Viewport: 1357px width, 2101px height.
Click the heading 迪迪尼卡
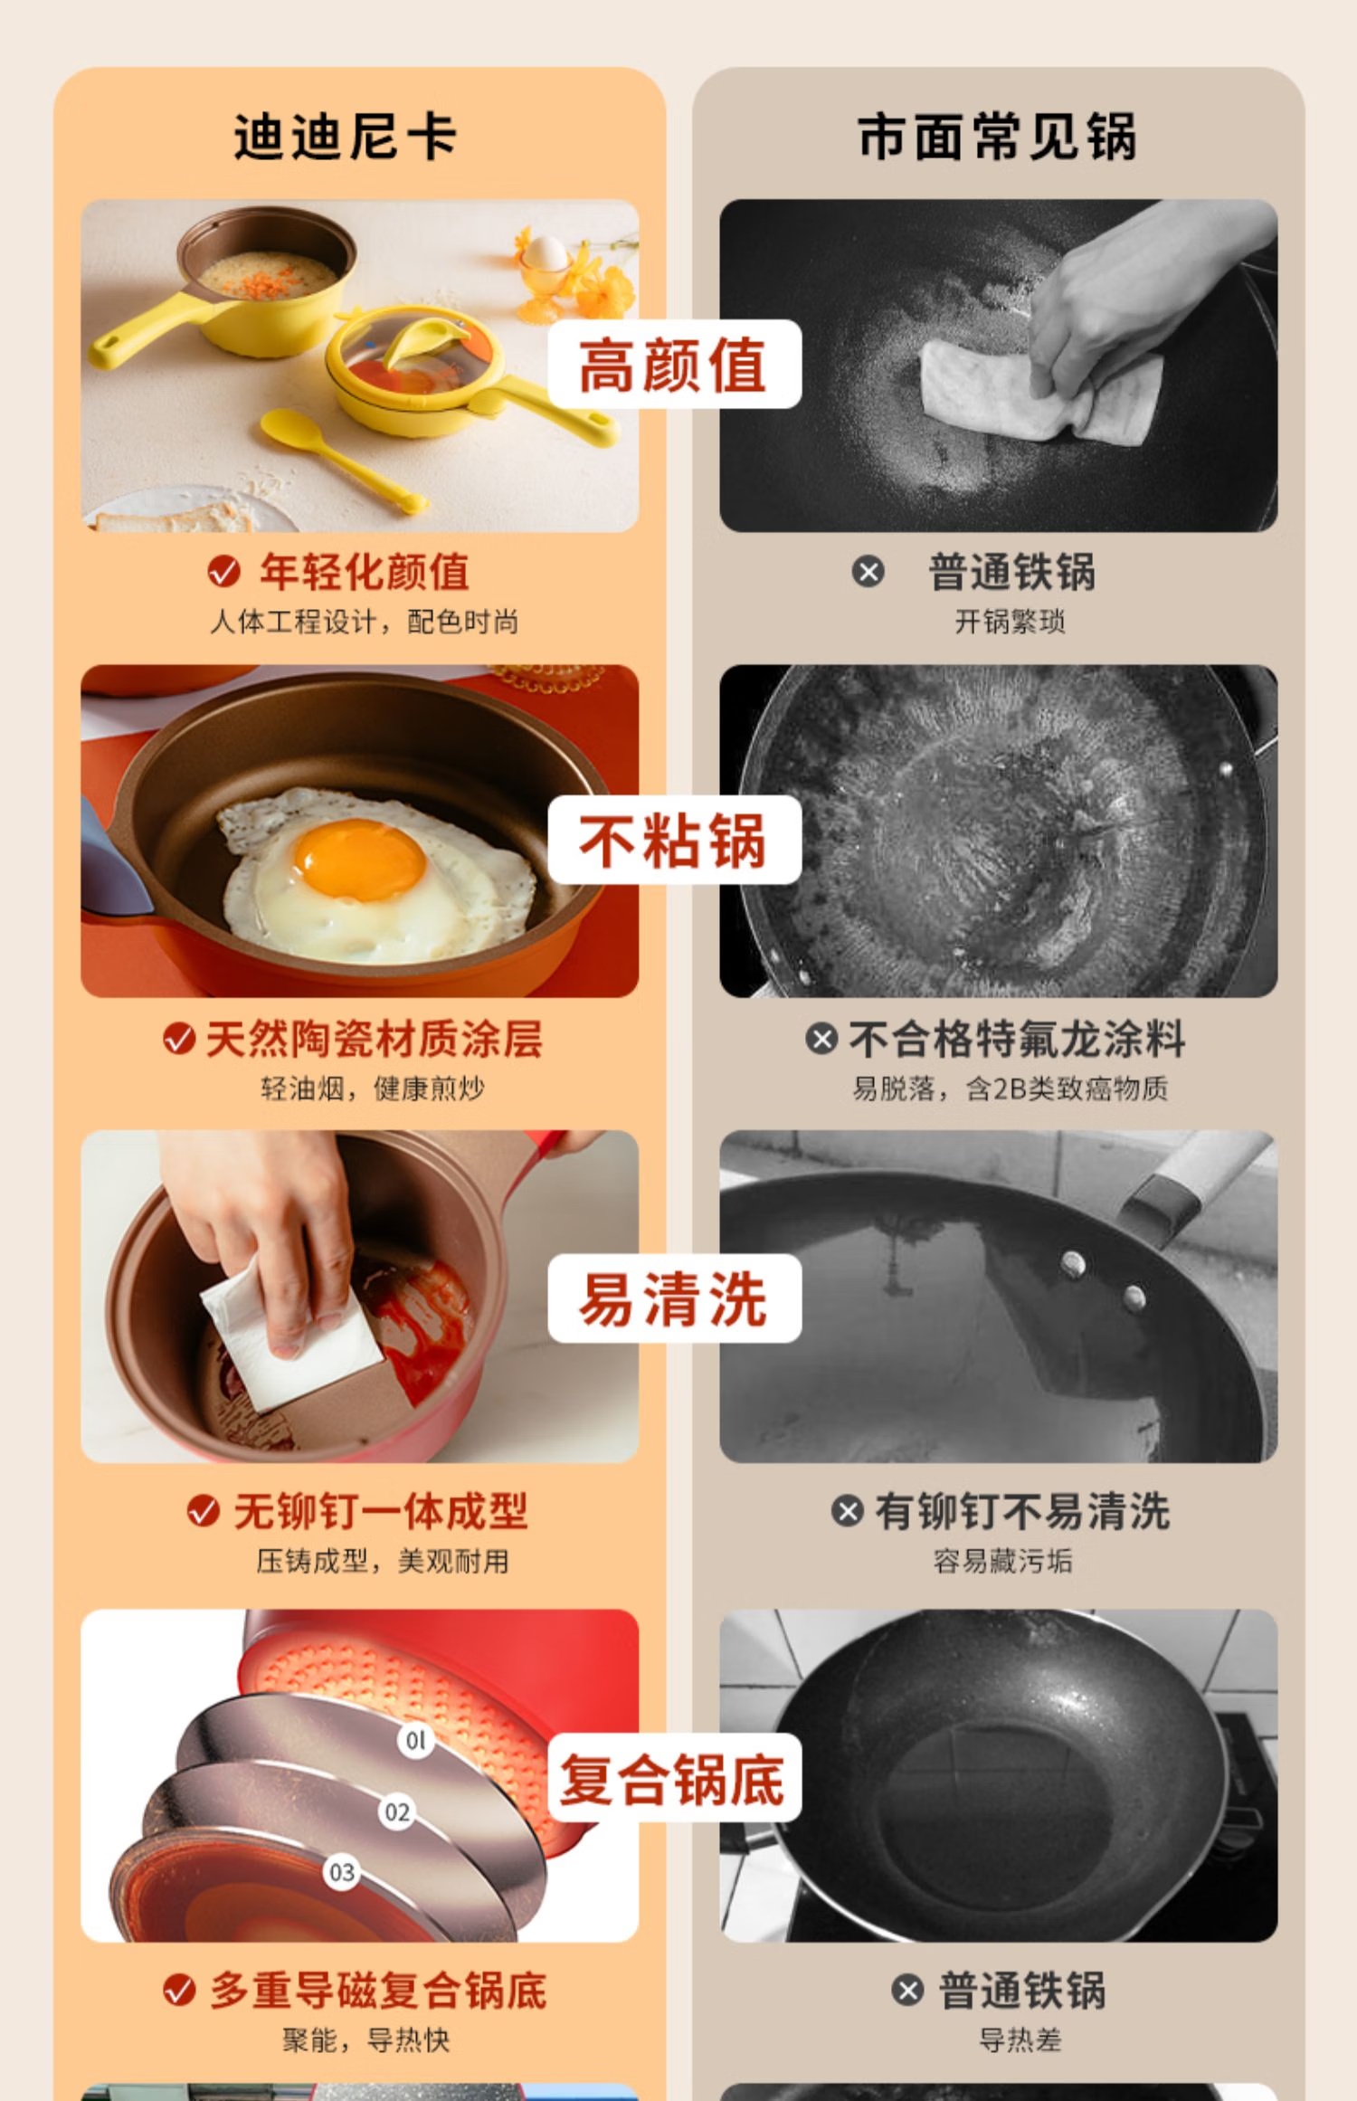pyautogui.click(x=346, y=138)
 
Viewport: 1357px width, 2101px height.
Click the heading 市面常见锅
pyautogui.click(x=998, y=138)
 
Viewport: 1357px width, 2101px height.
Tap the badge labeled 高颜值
pyautogui.click(x=674, y=365)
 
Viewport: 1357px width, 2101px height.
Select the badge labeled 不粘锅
pyautogui.click(x=674, y=840)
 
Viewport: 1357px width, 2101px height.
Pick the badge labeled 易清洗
pyautogui.click(x=674, y=1298)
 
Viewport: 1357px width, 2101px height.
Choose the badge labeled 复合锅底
pyautogui.click(x=674, y=1778)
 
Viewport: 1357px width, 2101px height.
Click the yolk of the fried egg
pyautogui.click(x=360, y=859)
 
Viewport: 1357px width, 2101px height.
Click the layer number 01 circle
pyautogui.click(x=415, y=1740)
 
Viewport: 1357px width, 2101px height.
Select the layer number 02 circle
pyautogui.click(x=396, y=1811)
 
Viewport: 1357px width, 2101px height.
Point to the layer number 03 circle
pyautogui.click(x=342, y=1872)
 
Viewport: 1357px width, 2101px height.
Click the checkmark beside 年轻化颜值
pyautogui.click(x=223, y=572)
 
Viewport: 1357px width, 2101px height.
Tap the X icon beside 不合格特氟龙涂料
pyautogui.click(x=821, y=1039)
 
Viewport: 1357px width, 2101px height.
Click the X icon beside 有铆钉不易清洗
pyautogui.click(x=847, y=1511)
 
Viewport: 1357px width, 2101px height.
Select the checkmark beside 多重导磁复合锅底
pyautogui.click(x=179, y=1991)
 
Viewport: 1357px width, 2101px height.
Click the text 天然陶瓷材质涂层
pyautogui.click(x=374, y=1039)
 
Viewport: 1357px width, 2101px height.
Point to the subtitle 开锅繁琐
pyautogui.click(x=1010, y=622)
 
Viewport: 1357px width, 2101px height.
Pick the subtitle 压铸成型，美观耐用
pyautogui.click(x=382, y=1561)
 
